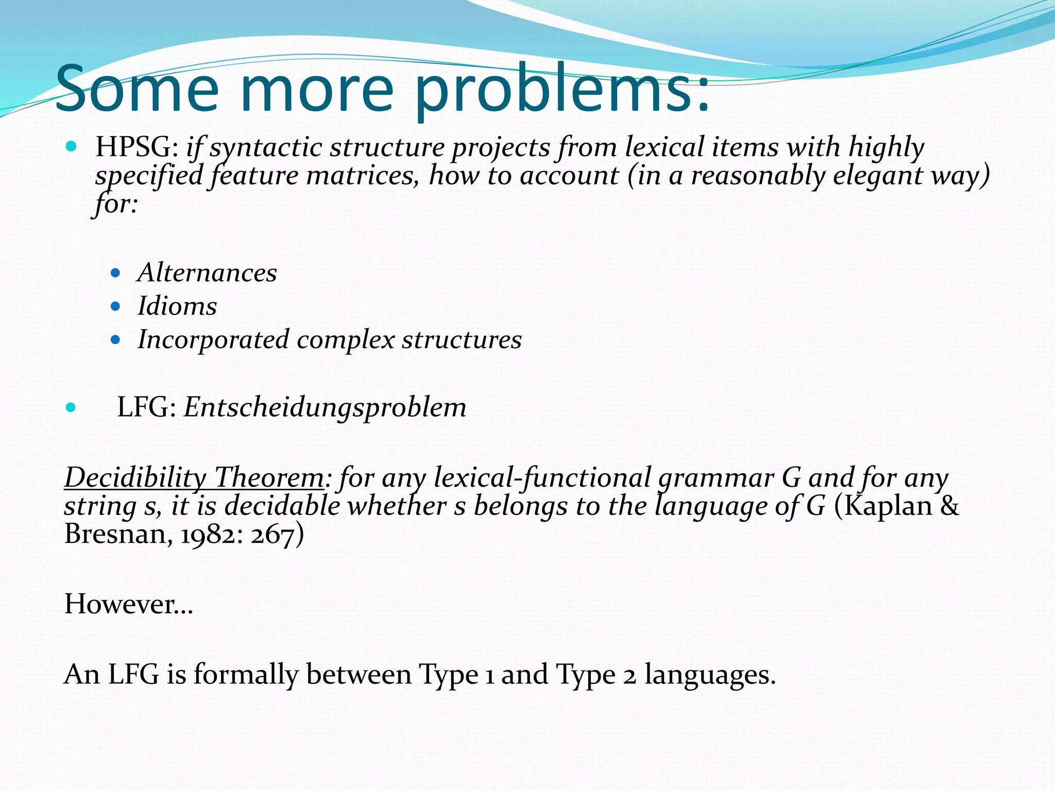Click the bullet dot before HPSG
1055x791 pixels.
(71, 147)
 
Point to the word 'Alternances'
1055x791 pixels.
(207, 272)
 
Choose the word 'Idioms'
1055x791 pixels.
(177, 306)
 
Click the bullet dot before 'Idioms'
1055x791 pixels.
(115, 306)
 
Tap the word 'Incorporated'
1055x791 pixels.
(213, 340)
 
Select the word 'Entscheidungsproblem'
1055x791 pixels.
(325, 407)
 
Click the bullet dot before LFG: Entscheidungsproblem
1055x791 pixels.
(71, 408)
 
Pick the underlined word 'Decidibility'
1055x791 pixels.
(135, 477)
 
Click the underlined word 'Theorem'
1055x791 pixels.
(269, 477)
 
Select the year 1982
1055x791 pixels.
(211, 535)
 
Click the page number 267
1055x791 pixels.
(272, 535)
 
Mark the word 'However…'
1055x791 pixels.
(129, 604)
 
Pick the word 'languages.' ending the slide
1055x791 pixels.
(710, 674)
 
